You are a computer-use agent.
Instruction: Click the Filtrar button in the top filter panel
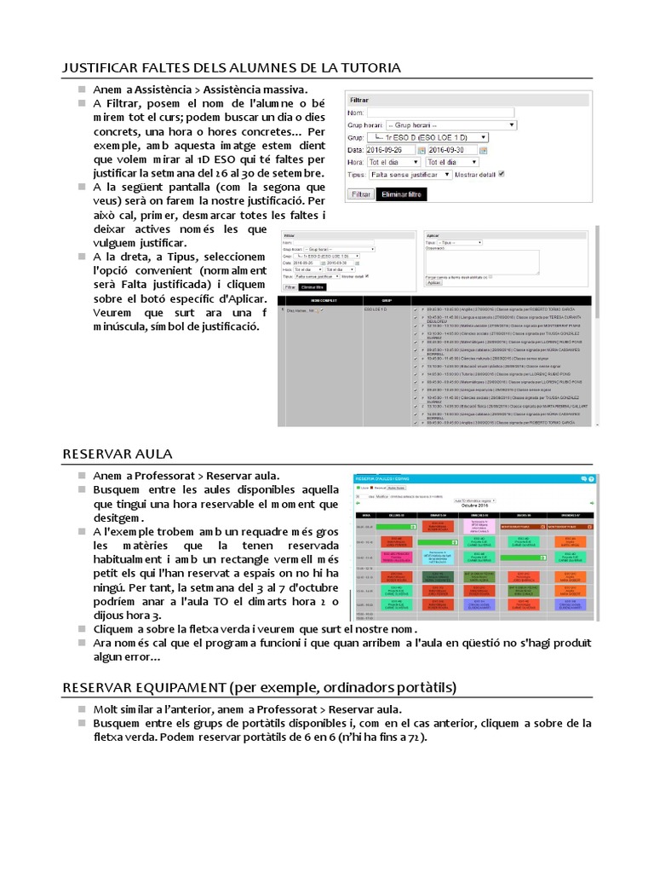pyautogui.click(x=361, y=194)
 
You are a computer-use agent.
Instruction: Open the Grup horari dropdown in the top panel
pyautogui.click(x=451, y=124)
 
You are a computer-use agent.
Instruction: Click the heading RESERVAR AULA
pyautogui.click(x=118, y=453)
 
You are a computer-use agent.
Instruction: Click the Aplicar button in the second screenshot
pyautogui.click(x=433, y=282)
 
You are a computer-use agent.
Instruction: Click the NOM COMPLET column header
pyautogui.click(x=319, y=300)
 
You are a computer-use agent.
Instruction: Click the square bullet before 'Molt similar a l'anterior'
pyautogui.click(x=81, y=709)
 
